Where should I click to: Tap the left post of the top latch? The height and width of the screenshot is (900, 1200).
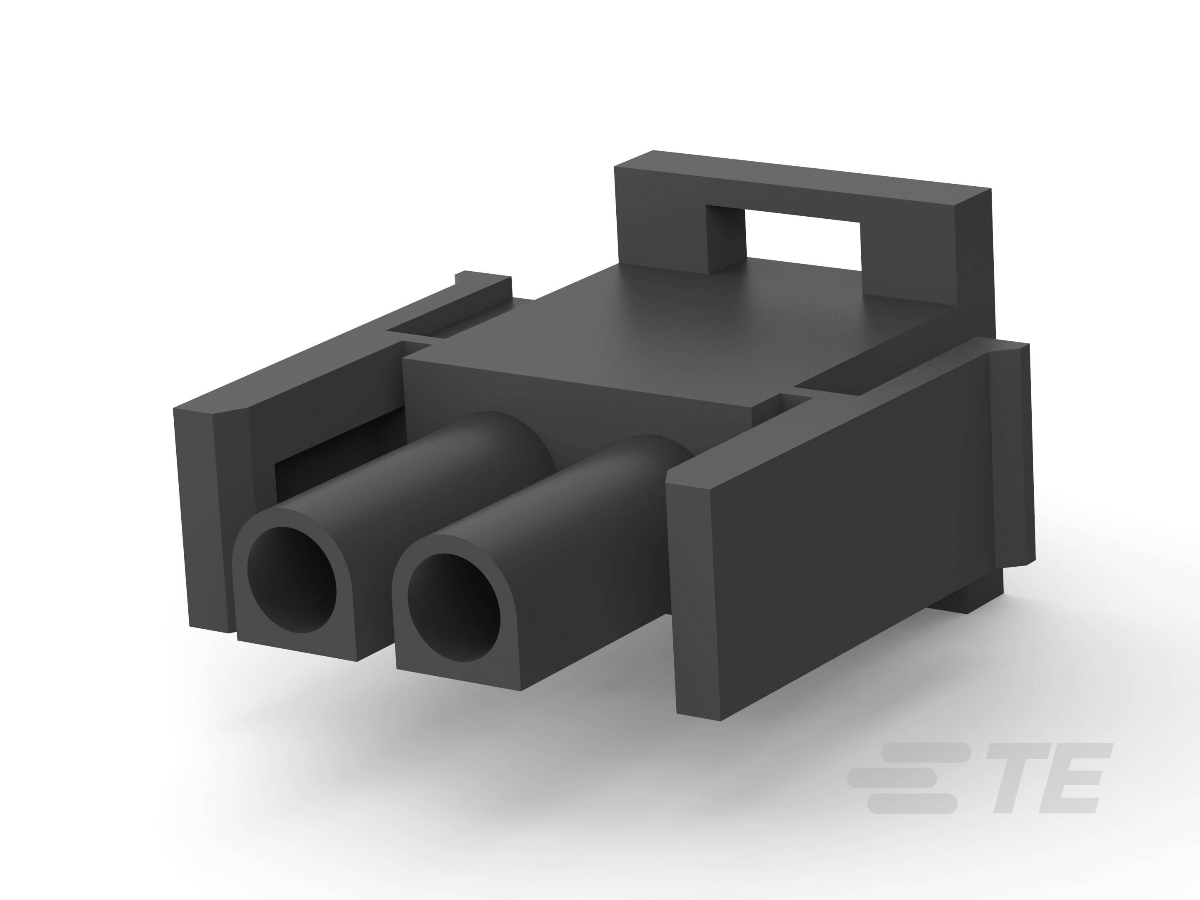click(724, 239)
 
